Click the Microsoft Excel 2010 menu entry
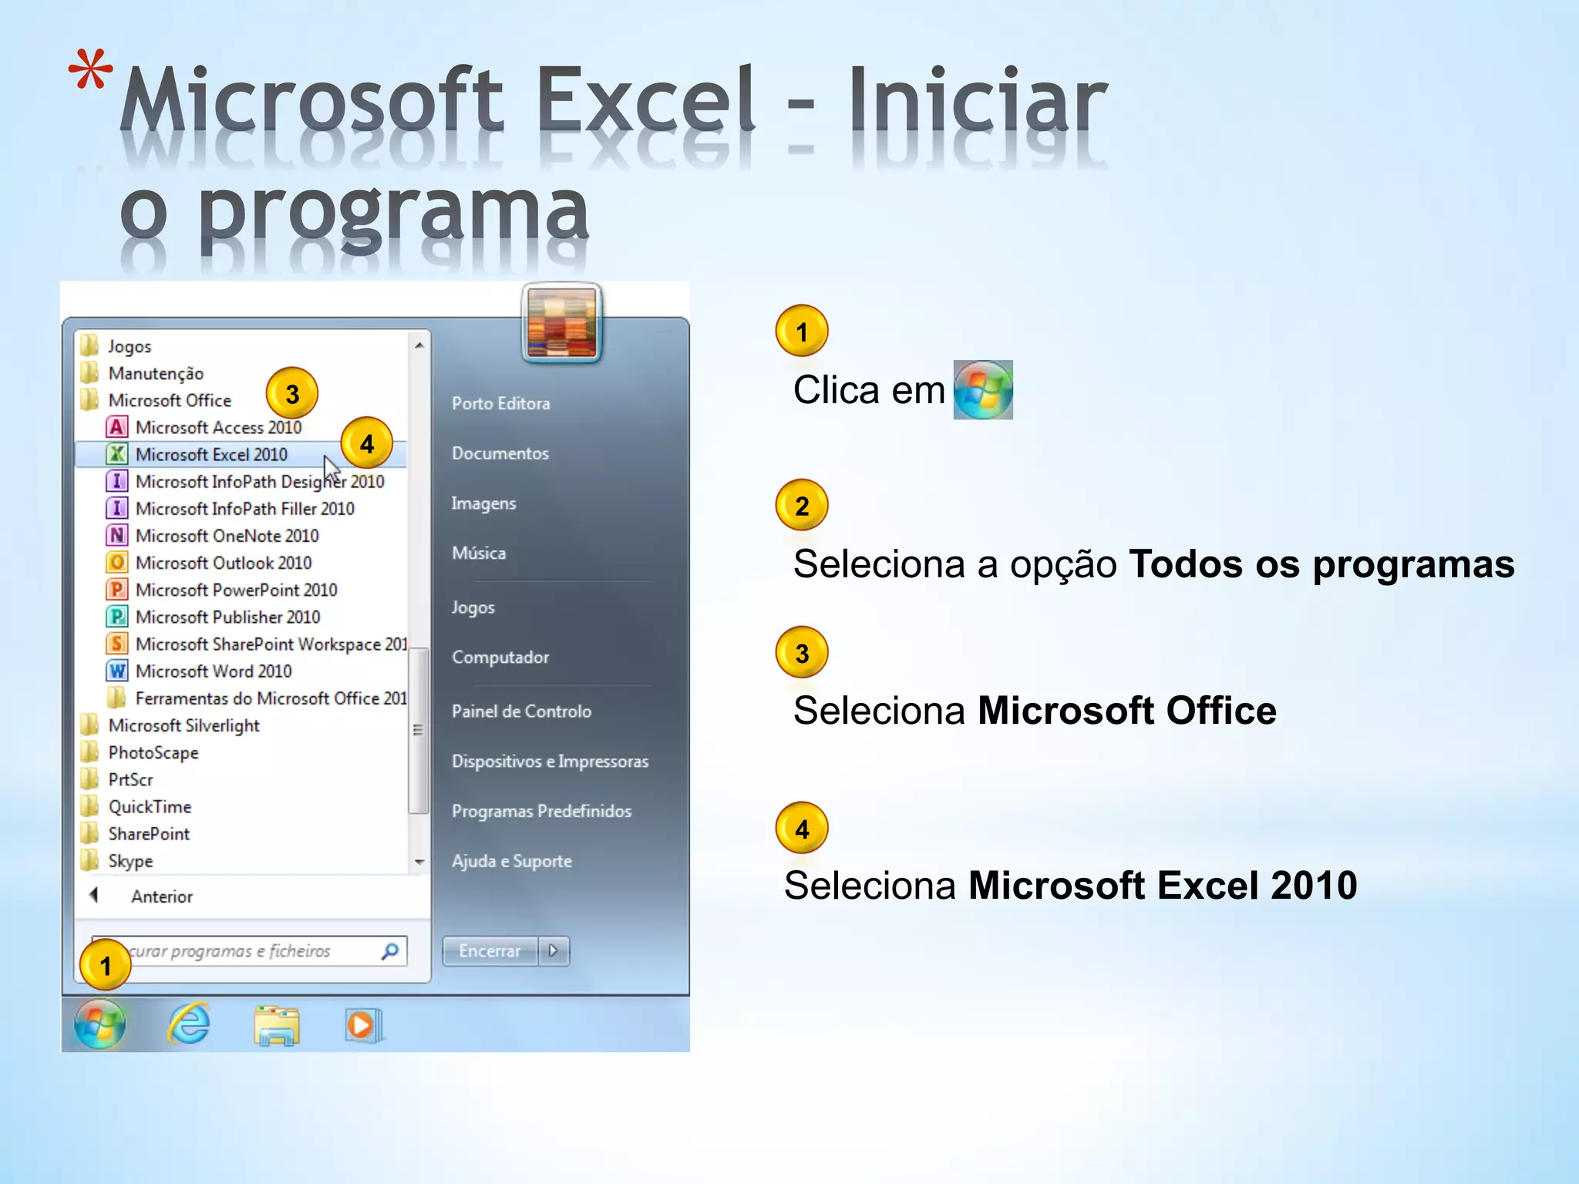point(210,455)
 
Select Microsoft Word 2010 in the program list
point(213,671)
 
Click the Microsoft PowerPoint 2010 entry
point(236,590)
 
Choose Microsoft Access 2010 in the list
point(218,428)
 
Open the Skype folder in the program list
point(130,861)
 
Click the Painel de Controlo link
point(521,711)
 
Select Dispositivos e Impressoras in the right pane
point(550,762)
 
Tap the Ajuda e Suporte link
point(511,861)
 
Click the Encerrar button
point(490,951)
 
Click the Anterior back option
point(160,896)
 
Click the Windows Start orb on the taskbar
point(99,1024)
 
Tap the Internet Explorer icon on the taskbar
point(189,1024)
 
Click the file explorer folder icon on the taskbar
point(277,1026)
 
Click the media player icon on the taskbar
point(362,1025)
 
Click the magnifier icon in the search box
point(390,951)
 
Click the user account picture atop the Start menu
point(561,322)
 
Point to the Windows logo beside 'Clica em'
point(983,390)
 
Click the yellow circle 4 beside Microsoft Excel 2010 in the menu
point(366,443)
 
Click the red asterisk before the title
point(91,71)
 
